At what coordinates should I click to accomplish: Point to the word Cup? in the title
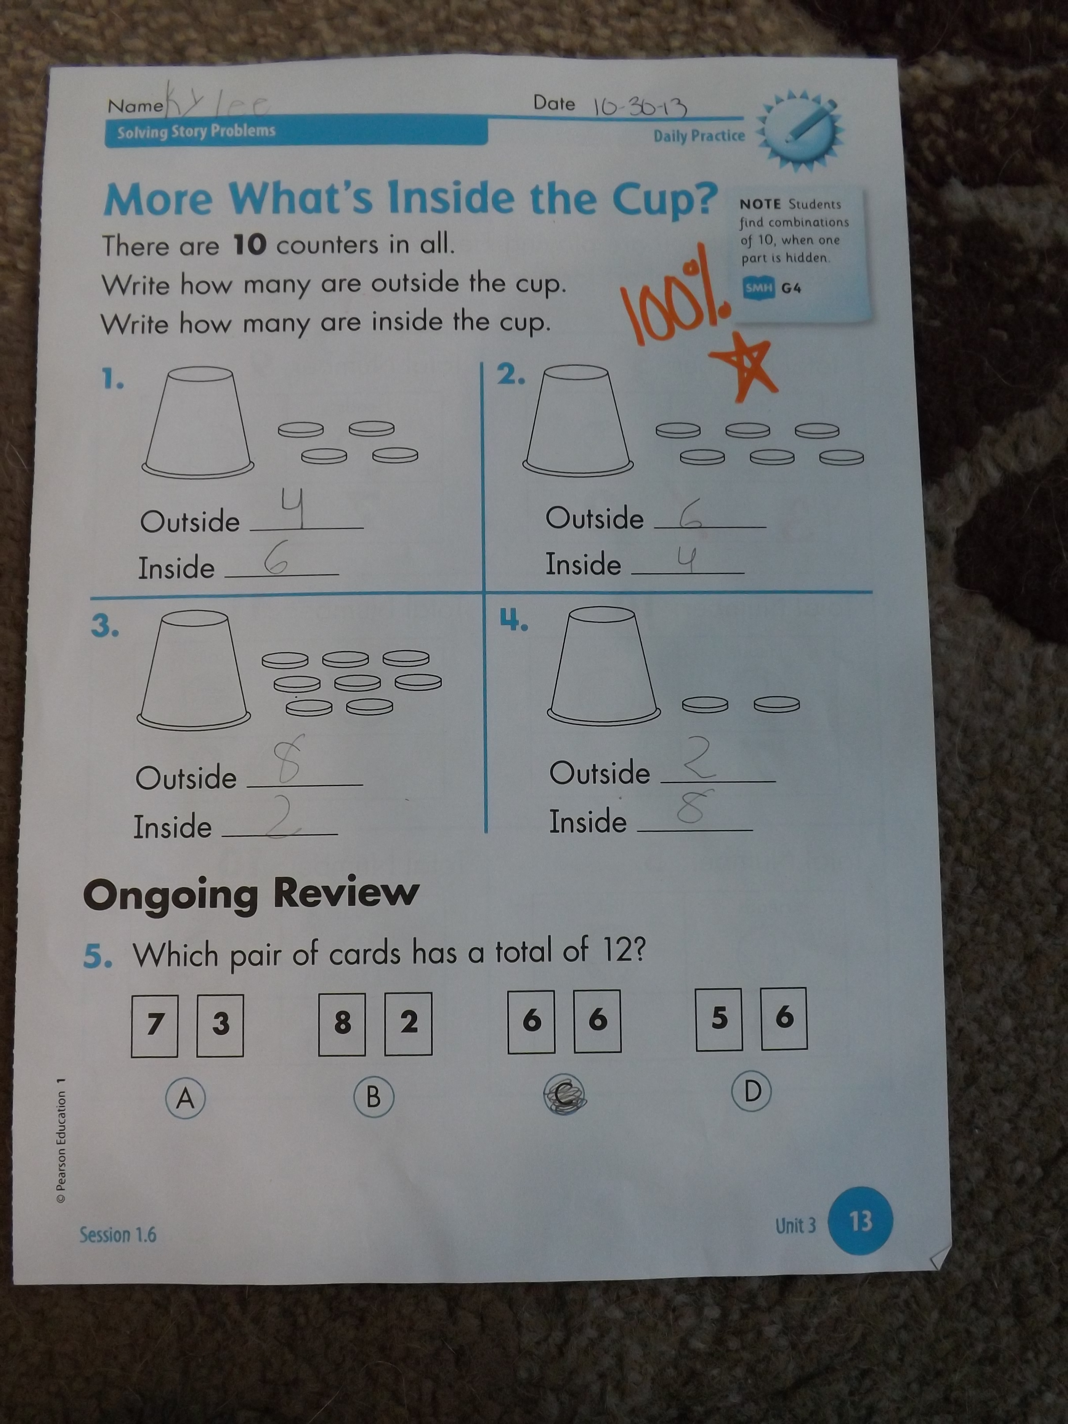pos(665,199)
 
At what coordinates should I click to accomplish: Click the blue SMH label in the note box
pos(758,288)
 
